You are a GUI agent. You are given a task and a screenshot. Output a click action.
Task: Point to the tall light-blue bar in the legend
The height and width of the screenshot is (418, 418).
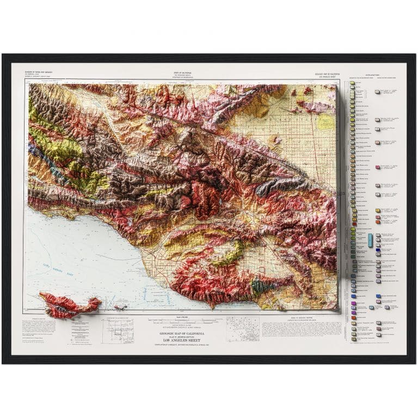[x=371, y=239]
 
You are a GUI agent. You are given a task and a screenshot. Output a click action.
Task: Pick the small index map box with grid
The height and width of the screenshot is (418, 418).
[x=117, y=330]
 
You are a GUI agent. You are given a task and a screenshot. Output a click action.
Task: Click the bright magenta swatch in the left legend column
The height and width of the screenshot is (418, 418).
[x=353, y=303]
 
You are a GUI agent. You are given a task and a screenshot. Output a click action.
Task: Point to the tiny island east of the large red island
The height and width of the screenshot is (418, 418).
[x=120, y=307]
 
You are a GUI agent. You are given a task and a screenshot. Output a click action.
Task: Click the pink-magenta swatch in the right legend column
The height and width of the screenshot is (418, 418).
[x=378, y=167]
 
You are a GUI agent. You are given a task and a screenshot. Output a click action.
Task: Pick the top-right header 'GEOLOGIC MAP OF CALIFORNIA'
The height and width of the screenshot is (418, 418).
[x=327, y=73]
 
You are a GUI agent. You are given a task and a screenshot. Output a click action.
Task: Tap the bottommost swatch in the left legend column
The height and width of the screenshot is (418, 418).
[x=353, y=339]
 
